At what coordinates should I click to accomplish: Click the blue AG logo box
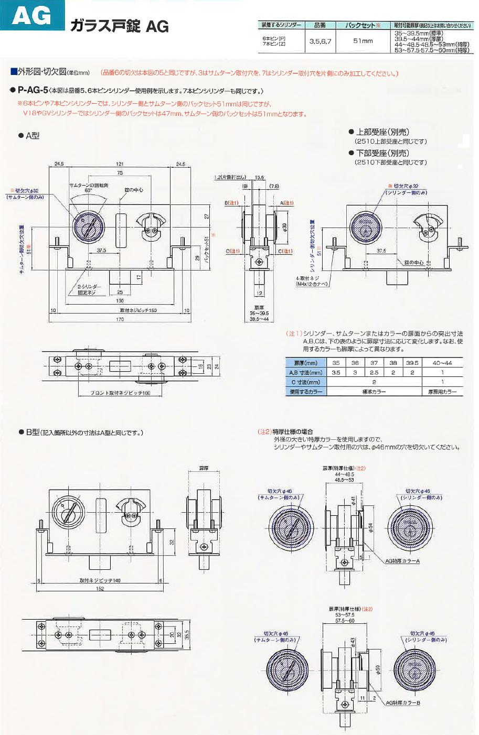pyautogui.click(x=31, y=18)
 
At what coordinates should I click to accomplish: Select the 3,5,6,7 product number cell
pyautogui.click(x=320, y=41)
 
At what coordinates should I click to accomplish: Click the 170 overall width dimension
pyautogui.click(x=121, y=320)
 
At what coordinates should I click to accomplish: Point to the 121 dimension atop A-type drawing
pyautogui.click(x=120, y=164)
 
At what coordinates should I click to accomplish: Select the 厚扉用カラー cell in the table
pyautogui.click(x=442, y=392)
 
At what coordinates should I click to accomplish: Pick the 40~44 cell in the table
pyautogui.click(x=442, y=363)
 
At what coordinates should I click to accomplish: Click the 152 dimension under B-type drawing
pyautogui.click(x=100, y=589)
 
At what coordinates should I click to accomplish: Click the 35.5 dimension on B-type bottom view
pyautogui.click(x=186, y=635)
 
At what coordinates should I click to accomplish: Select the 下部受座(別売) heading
pyautogui.click(x=382, y=153)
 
